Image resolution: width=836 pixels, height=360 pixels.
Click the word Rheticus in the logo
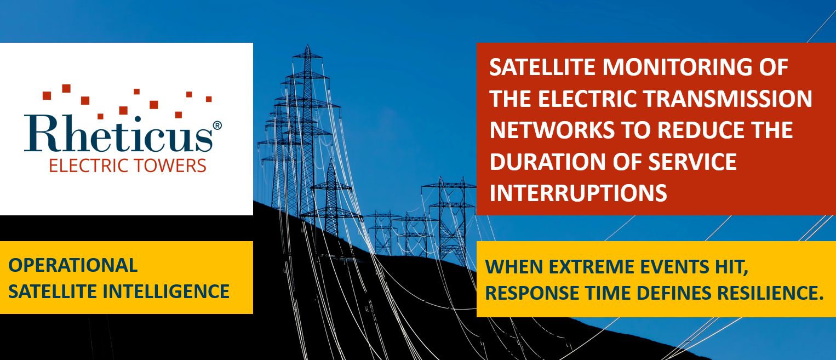click(119, 134)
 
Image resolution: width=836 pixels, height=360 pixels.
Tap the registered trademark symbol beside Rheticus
click(217, 125)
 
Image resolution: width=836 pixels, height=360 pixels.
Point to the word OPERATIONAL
click(73, 265)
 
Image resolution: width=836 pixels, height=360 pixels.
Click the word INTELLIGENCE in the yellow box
click(165, 292)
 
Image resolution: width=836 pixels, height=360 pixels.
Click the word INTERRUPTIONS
click(578, 193)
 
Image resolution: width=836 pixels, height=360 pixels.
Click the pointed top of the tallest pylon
click(307, 45)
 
